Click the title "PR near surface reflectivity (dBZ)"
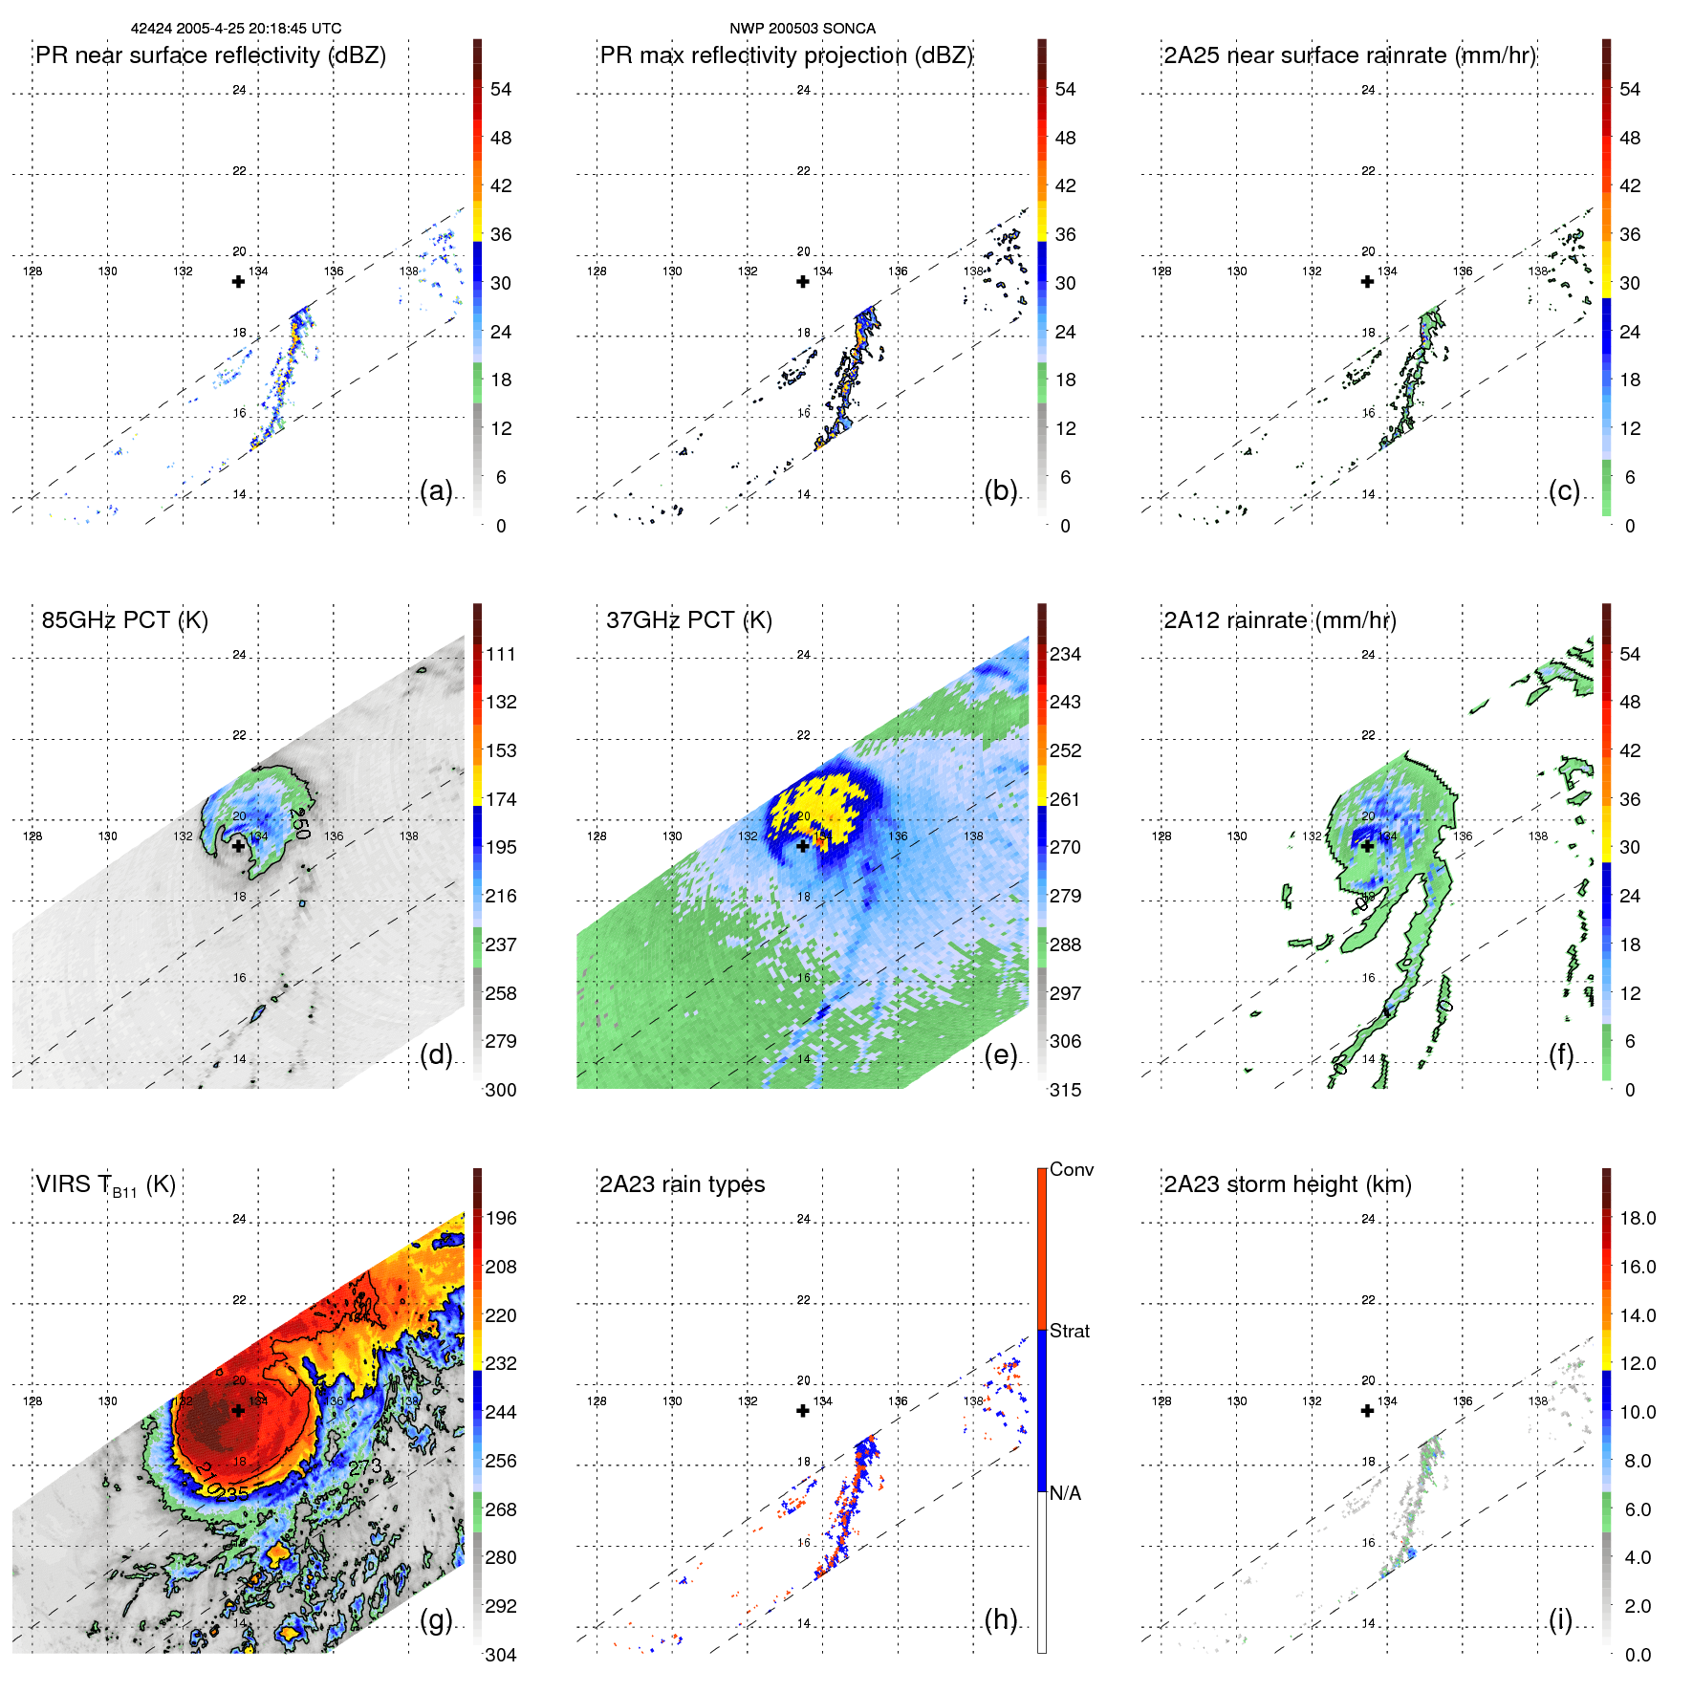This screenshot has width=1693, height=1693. tap(210, 55)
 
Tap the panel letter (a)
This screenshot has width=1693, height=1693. tap(436, 490)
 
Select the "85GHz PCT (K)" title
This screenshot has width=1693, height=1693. tap(124, 620)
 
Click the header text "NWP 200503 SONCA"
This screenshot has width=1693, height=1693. tap(802, 29)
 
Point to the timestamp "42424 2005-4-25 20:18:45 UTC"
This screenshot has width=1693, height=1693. tap(236, 29)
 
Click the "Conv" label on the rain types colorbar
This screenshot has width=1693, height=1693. tap(1072, 1169)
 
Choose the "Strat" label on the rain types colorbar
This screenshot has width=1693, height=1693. tap(1070, 1331)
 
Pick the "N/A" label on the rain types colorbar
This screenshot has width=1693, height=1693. tap(1065, 1493)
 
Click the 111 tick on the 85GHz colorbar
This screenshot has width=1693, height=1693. tap(501, 655)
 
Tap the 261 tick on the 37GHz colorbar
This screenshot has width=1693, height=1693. tap(1065, 799)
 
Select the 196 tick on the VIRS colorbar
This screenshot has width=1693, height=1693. tap(501, 1219)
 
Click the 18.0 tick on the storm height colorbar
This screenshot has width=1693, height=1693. tap(1638, 1219)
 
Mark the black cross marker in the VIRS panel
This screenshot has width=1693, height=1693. tap(238, 1411)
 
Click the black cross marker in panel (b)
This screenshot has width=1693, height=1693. tap(803, 282)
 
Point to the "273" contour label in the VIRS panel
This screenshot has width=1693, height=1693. tap(365, 1467)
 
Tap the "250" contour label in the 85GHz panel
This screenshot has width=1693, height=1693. tap(300, 823)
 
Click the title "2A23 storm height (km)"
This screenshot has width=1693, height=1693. tap(1288, 1184)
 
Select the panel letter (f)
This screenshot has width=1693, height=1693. tap(1561, 1054)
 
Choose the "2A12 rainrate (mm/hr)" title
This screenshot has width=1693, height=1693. tap(1280, 620)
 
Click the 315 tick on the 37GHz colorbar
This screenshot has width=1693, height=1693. tap(1065, 1090)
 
